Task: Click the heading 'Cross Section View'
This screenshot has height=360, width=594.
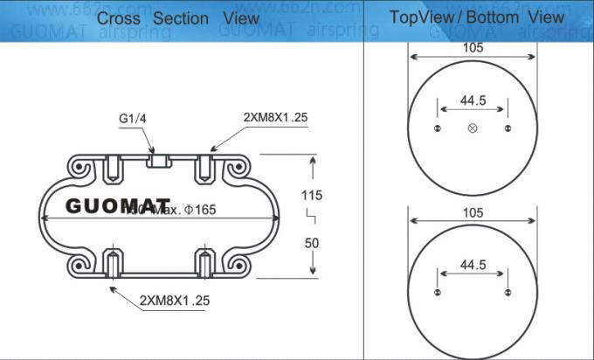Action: pos(177,17)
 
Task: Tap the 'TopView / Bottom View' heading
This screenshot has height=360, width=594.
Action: pos(476,17)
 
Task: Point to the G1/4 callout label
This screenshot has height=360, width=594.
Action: pos(133,120)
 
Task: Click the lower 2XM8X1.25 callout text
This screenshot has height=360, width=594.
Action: pos(175,300)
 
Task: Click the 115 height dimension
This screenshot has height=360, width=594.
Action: pos(311,195)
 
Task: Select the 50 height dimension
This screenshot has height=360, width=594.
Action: pos(311,242)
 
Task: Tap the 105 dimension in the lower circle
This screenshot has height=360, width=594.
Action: pos(473,213)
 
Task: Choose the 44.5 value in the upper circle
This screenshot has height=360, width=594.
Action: pos(473,100)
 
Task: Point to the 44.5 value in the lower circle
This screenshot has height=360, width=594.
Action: pos(473,265)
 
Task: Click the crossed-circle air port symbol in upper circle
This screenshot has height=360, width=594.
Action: pos(473,128)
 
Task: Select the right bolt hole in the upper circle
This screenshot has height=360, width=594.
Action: pos(508,128)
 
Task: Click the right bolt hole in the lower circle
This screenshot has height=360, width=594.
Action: pos(508,292)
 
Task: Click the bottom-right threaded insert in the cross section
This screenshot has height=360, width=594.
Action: pos(204,263)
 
